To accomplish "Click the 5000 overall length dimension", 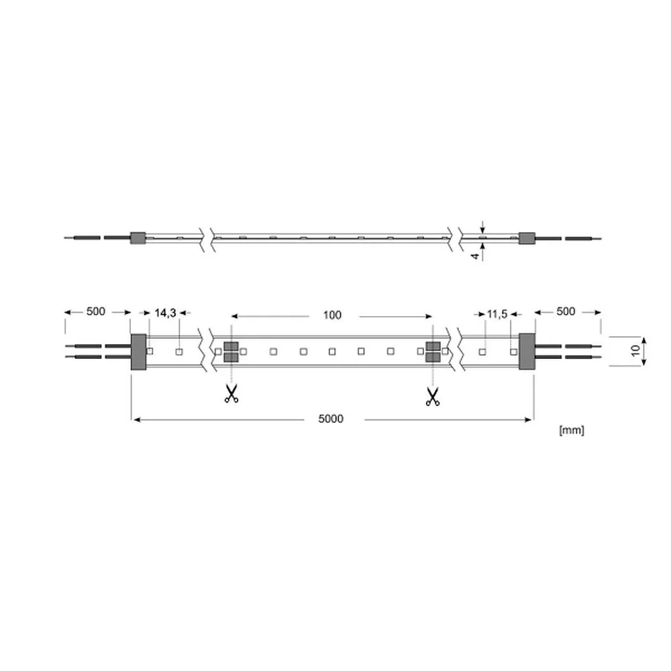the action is (331, 419).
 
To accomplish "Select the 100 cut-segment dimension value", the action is (332, 315).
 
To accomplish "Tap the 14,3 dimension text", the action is (165, 313).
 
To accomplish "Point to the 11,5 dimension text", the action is (497, 315).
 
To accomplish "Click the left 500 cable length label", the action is (95, 311).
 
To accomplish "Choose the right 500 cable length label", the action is (565, 311).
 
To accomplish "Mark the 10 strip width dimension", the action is (636, 350).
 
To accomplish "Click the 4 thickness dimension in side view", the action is (475, 256).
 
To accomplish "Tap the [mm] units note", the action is (572, 430).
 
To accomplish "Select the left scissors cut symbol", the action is (231, 394).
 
